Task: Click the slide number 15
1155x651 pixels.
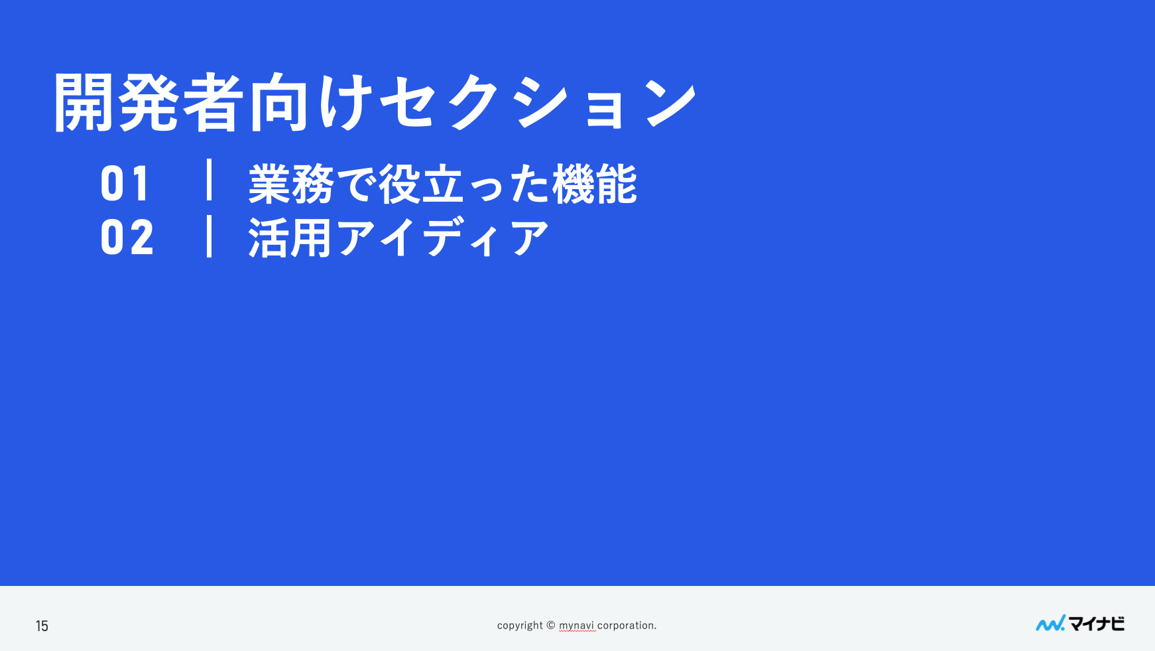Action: pyautogui.click(x=42, y=626)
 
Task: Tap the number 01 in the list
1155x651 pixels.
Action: pyautogui.click(x=125, y=184)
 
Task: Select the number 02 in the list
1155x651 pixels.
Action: pyautogui.click(x=127, y=238)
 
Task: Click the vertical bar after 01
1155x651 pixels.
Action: pyautogui.click(x=210, y=179)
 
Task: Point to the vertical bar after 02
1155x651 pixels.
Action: pyautogui.click(x=210, y=236)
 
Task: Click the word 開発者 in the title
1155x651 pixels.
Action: pyautogui.click(x=149, y=103)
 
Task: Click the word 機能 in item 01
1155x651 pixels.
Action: pyautogui.click(x=595, y=184)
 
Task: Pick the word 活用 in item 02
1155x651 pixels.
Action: pyautogui.click(x=290, y=238)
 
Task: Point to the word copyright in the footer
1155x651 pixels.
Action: pyautogui.click(x=520, y=625)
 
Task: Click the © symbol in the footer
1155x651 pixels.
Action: pyautogui.click(x=551, y=624)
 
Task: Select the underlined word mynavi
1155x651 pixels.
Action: pyautogui.click(x=576, y=625)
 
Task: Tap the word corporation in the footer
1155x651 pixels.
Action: pyautogui.click(x=625, y=625)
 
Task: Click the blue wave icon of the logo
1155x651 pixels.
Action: pyautogui.click(x=1050, y=624)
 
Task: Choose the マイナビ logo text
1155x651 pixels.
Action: pyautogui.click(x=1097, y=624)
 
